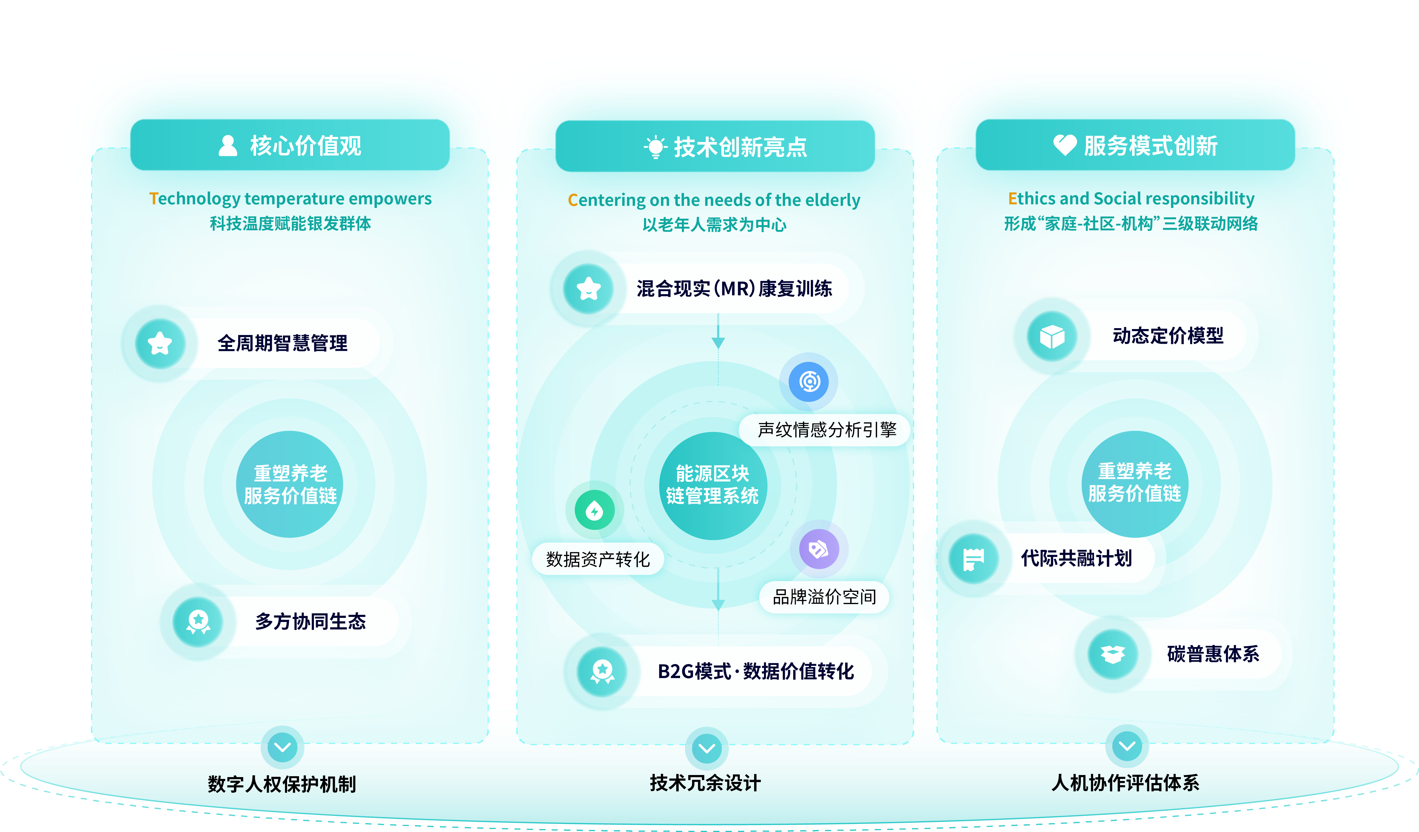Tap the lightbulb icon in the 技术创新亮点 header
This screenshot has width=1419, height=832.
point(655,147)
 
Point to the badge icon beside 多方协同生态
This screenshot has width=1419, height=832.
point(198,621)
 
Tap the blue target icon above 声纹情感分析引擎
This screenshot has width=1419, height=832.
point(809,382)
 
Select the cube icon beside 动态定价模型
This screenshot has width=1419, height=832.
point(1052,336)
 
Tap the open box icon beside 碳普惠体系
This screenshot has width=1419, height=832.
point(1113,654)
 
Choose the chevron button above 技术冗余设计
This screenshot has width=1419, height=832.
point(707,748)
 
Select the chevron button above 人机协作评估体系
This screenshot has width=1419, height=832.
point(1127,746)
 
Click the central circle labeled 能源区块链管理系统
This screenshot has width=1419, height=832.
point(713,485)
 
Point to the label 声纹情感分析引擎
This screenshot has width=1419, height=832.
point(827,430)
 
